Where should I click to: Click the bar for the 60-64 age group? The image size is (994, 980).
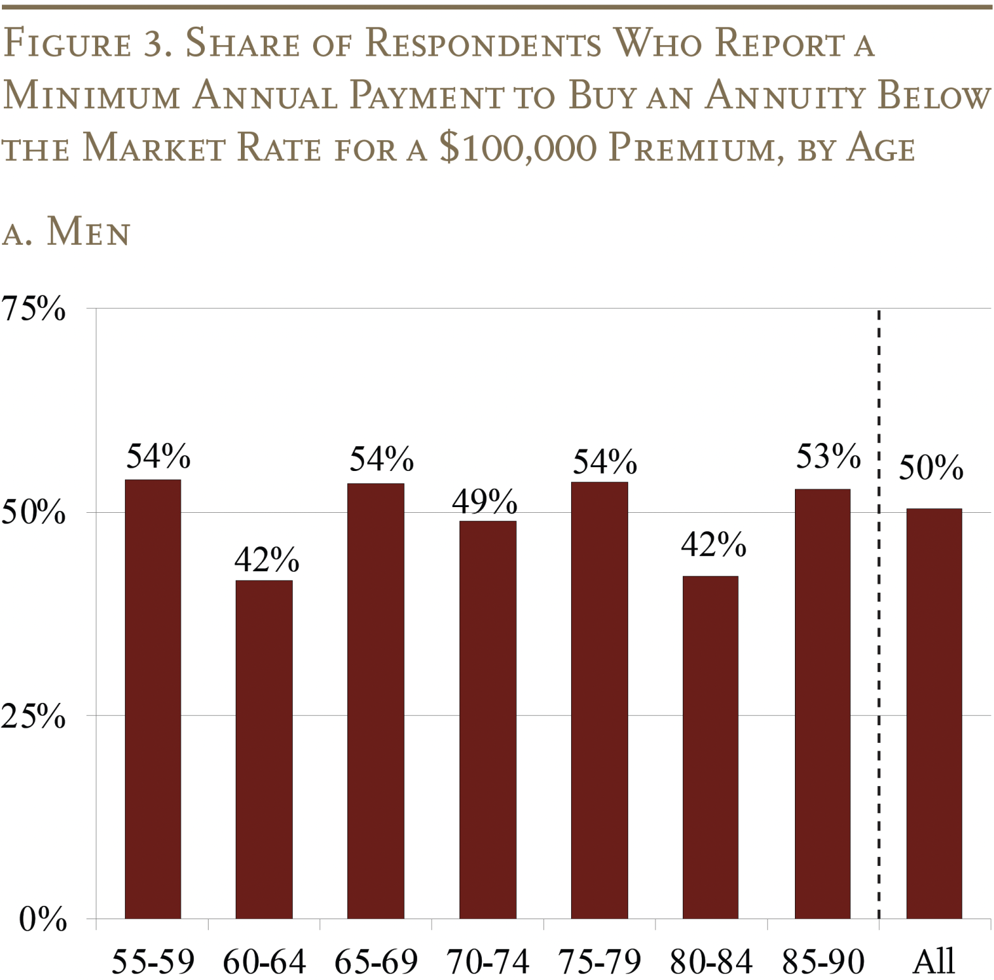264,749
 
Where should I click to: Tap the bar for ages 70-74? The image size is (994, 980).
487,719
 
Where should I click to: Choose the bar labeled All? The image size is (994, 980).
934,713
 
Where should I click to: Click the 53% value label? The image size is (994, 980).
828,456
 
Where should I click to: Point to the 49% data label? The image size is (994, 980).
484,501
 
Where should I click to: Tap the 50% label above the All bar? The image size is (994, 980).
931,468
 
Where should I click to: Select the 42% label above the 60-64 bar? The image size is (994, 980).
266,559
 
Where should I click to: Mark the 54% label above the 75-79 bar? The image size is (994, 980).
605,461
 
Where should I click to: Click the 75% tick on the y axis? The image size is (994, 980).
33,309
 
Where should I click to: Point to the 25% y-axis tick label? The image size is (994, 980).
33,716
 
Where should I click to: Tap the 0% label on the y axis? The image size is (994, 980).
42,919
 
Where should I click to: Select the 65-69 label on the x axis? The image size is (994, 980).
376,962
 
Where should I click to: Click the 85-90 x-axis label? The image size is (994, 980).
823,962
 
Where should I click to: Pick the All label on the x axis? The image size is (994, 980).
934,962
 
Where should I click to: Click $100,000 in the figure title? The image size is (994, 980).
518,148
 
